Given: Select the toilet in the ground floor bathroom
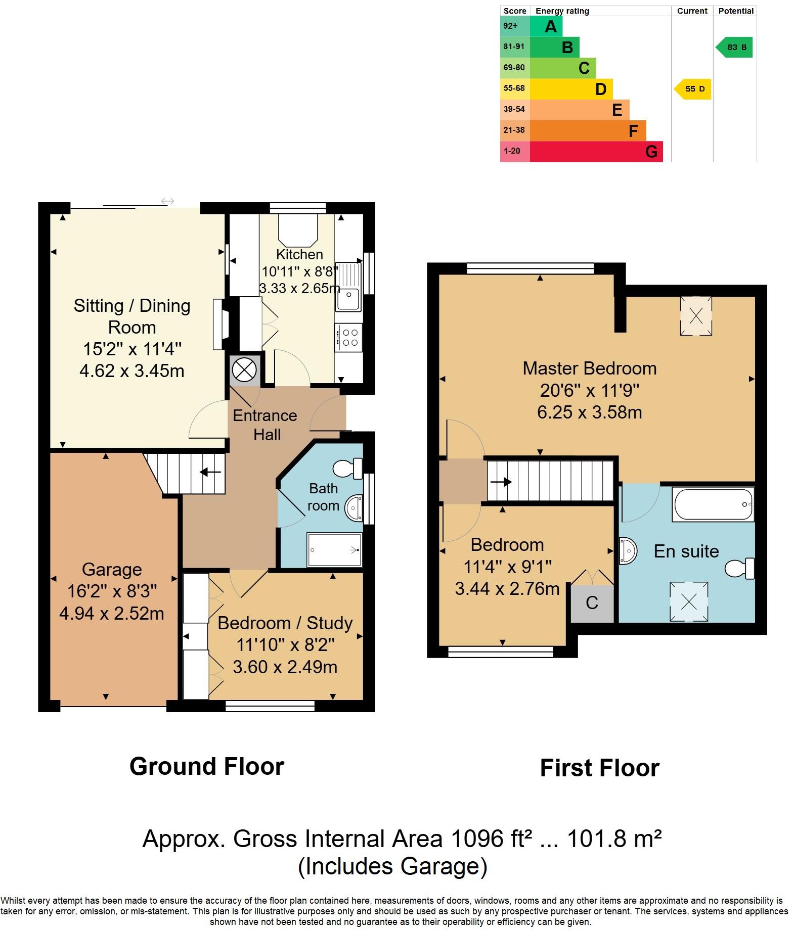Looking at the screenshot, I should tap(349, 468).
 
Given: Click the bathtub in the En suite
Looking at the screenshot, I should tap(713, 504).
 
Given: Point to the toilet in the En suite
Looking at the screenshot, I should tap(740, 568).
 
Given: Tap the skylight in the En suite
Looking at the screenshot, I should tap(689, 601).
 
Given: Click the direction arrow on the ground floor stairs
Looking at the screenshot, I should tap(210, 473).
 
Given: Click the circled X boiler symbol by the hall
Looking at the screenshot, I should tap(244, 370).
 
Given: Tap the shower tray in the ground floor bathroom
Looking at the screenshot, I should tap(334, 550).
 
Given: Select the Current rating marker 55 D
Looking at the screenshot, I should tap(693, 89).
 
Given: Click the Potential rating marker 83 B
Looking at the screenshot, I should tap(735, 47).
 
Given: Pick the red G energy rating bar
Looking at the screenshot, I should tap(596, 152).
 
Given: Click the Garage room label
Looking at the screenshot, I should tap(112, 569).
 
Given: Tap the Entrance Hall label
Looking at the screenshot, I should tap(265, 425).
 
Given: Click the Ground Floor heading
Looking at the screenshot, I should tap(207, 766).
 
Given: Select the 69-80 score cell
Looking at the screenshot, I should tap(514, 68).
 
